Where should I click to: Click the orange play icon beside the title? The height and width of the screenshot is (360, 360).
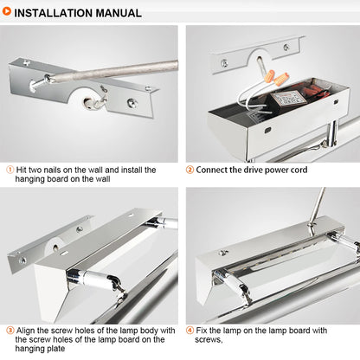(x=7, y=11)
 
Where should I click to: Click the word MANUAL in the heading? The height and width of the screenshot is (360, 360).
(x=119, y=13)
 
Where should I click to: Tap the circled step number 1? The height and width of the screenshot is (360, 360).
(x=10, y=170)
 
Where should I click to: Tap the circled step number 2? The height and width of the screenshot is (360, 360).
(x=190, y=170)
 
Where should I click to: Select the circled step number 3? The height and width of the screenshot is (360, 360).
(x=10, y=331)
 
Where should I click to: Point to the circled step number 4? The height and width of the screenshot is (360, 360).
(x=190, y=331)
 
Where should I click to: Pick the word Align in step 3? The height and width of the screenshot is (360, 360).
(x=25, y=331)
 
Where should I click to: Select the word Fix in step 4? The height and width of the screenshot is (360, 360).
(x=201, y=331)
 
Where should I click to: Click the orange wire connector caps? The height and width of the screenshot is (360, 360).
(x=276, y=78)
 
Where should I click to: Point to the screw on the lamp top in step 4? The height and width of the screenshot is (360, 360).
(x=222, y=253)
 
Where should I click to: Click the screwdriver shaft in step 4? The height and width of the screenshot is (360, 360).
(x=317, y=206)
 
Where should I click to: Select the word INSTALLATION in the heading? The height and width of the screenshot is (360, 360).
(x=54, y=13)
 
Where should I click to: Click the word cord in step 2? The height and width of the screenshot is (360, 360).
(x=299, y=170)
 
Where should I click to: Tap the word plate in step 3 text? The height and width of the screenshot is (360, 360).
(x=56, y=349)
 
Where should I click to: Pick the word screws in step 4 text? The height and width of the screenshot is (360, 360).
(x=209, y=340)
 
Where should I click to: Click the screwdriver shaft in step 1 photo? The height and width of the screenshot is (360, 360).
(x=114, y=71)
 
